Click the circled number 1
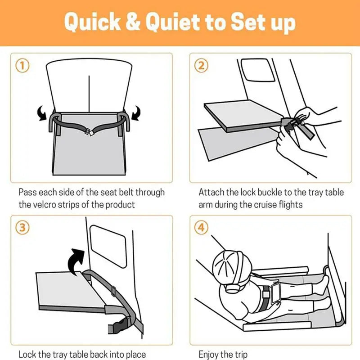coord(22,66)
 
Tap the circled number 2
coord(201,66)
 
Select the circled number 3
coord(22,228)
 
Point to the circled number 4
coord(201,228)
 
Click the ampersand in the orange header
coord(133,21)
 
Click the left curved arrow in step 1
coord(42,113)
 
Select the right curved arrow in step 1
coord(136,113)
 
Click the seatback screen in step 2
coord(257,70)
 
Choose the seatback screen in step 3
coord(108,246)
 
